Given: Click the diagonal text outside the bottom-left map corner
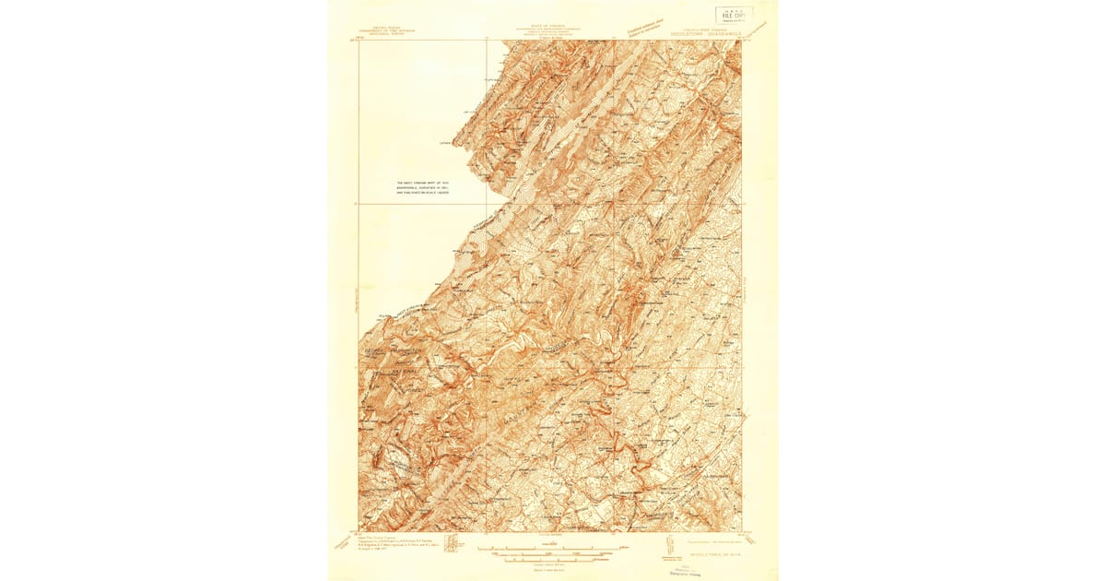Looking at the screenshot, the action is (x=342, y=545).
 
